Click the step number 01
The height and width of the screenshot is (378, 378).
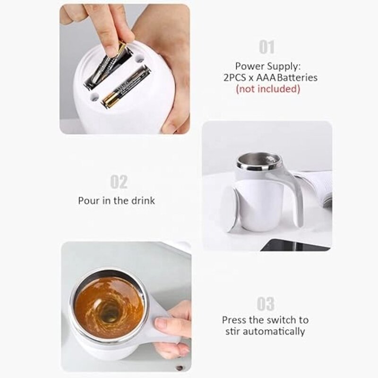(266, 47)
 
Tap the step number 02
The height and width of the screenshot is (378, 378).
(119, 182)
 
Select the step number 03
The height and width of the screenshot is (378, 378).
(266, 303)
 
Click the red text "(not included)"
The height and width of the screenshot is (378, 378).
(268, 88)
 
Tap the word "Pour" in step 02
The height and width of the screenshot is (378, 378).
(88, 200)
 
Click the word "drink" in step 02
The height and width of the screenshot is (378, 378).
(142, 200)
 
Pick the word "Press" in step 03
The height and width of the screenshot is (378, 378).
(235, 320)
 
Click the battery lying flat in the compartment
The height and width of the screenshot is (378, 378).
(126, 86)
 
